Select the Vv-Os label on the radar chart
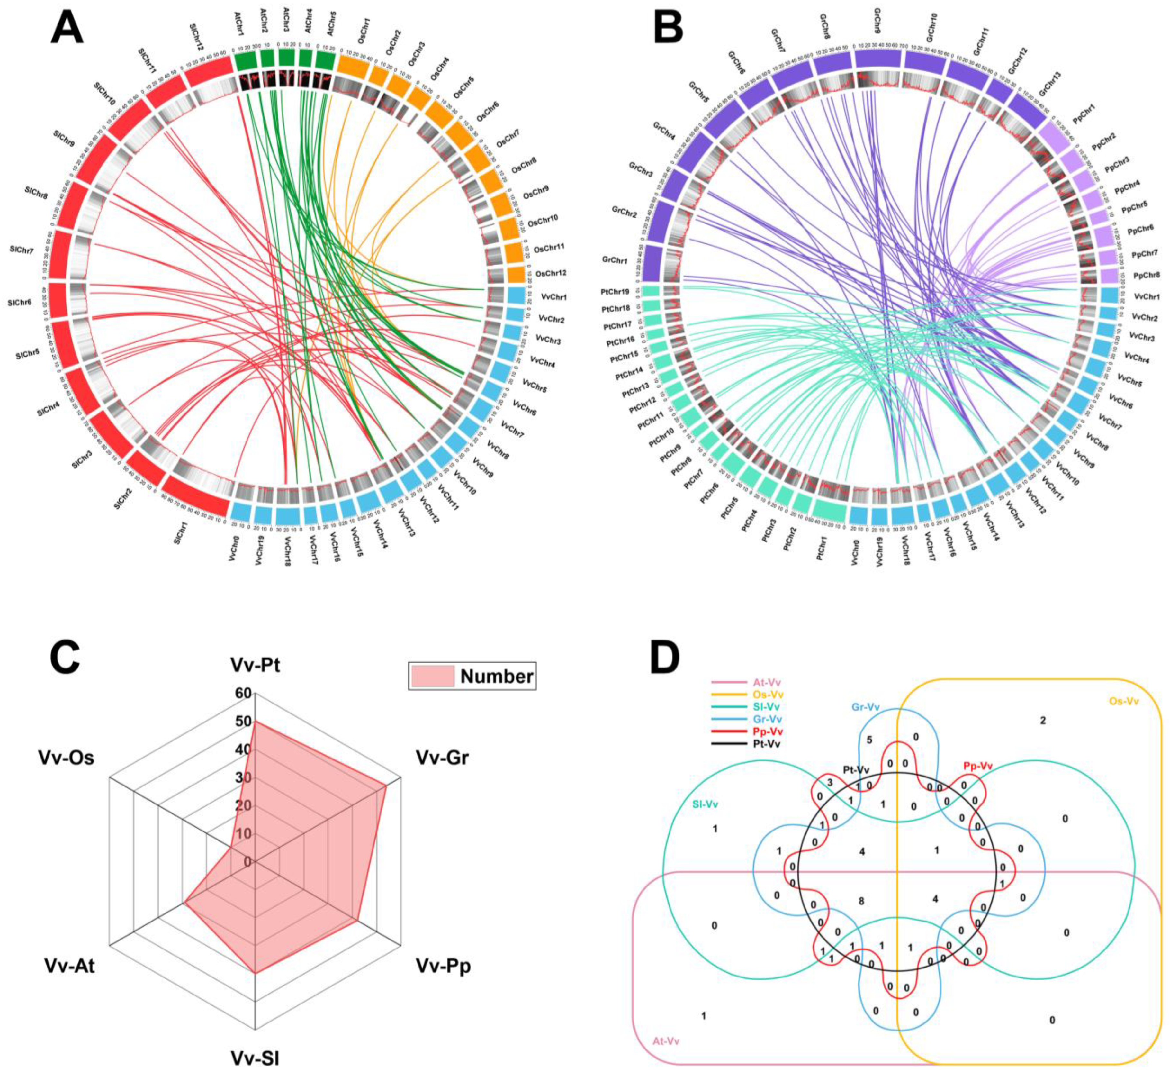[x=66, y=758]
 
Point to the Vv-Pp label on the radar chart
[x=443, y=966]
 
